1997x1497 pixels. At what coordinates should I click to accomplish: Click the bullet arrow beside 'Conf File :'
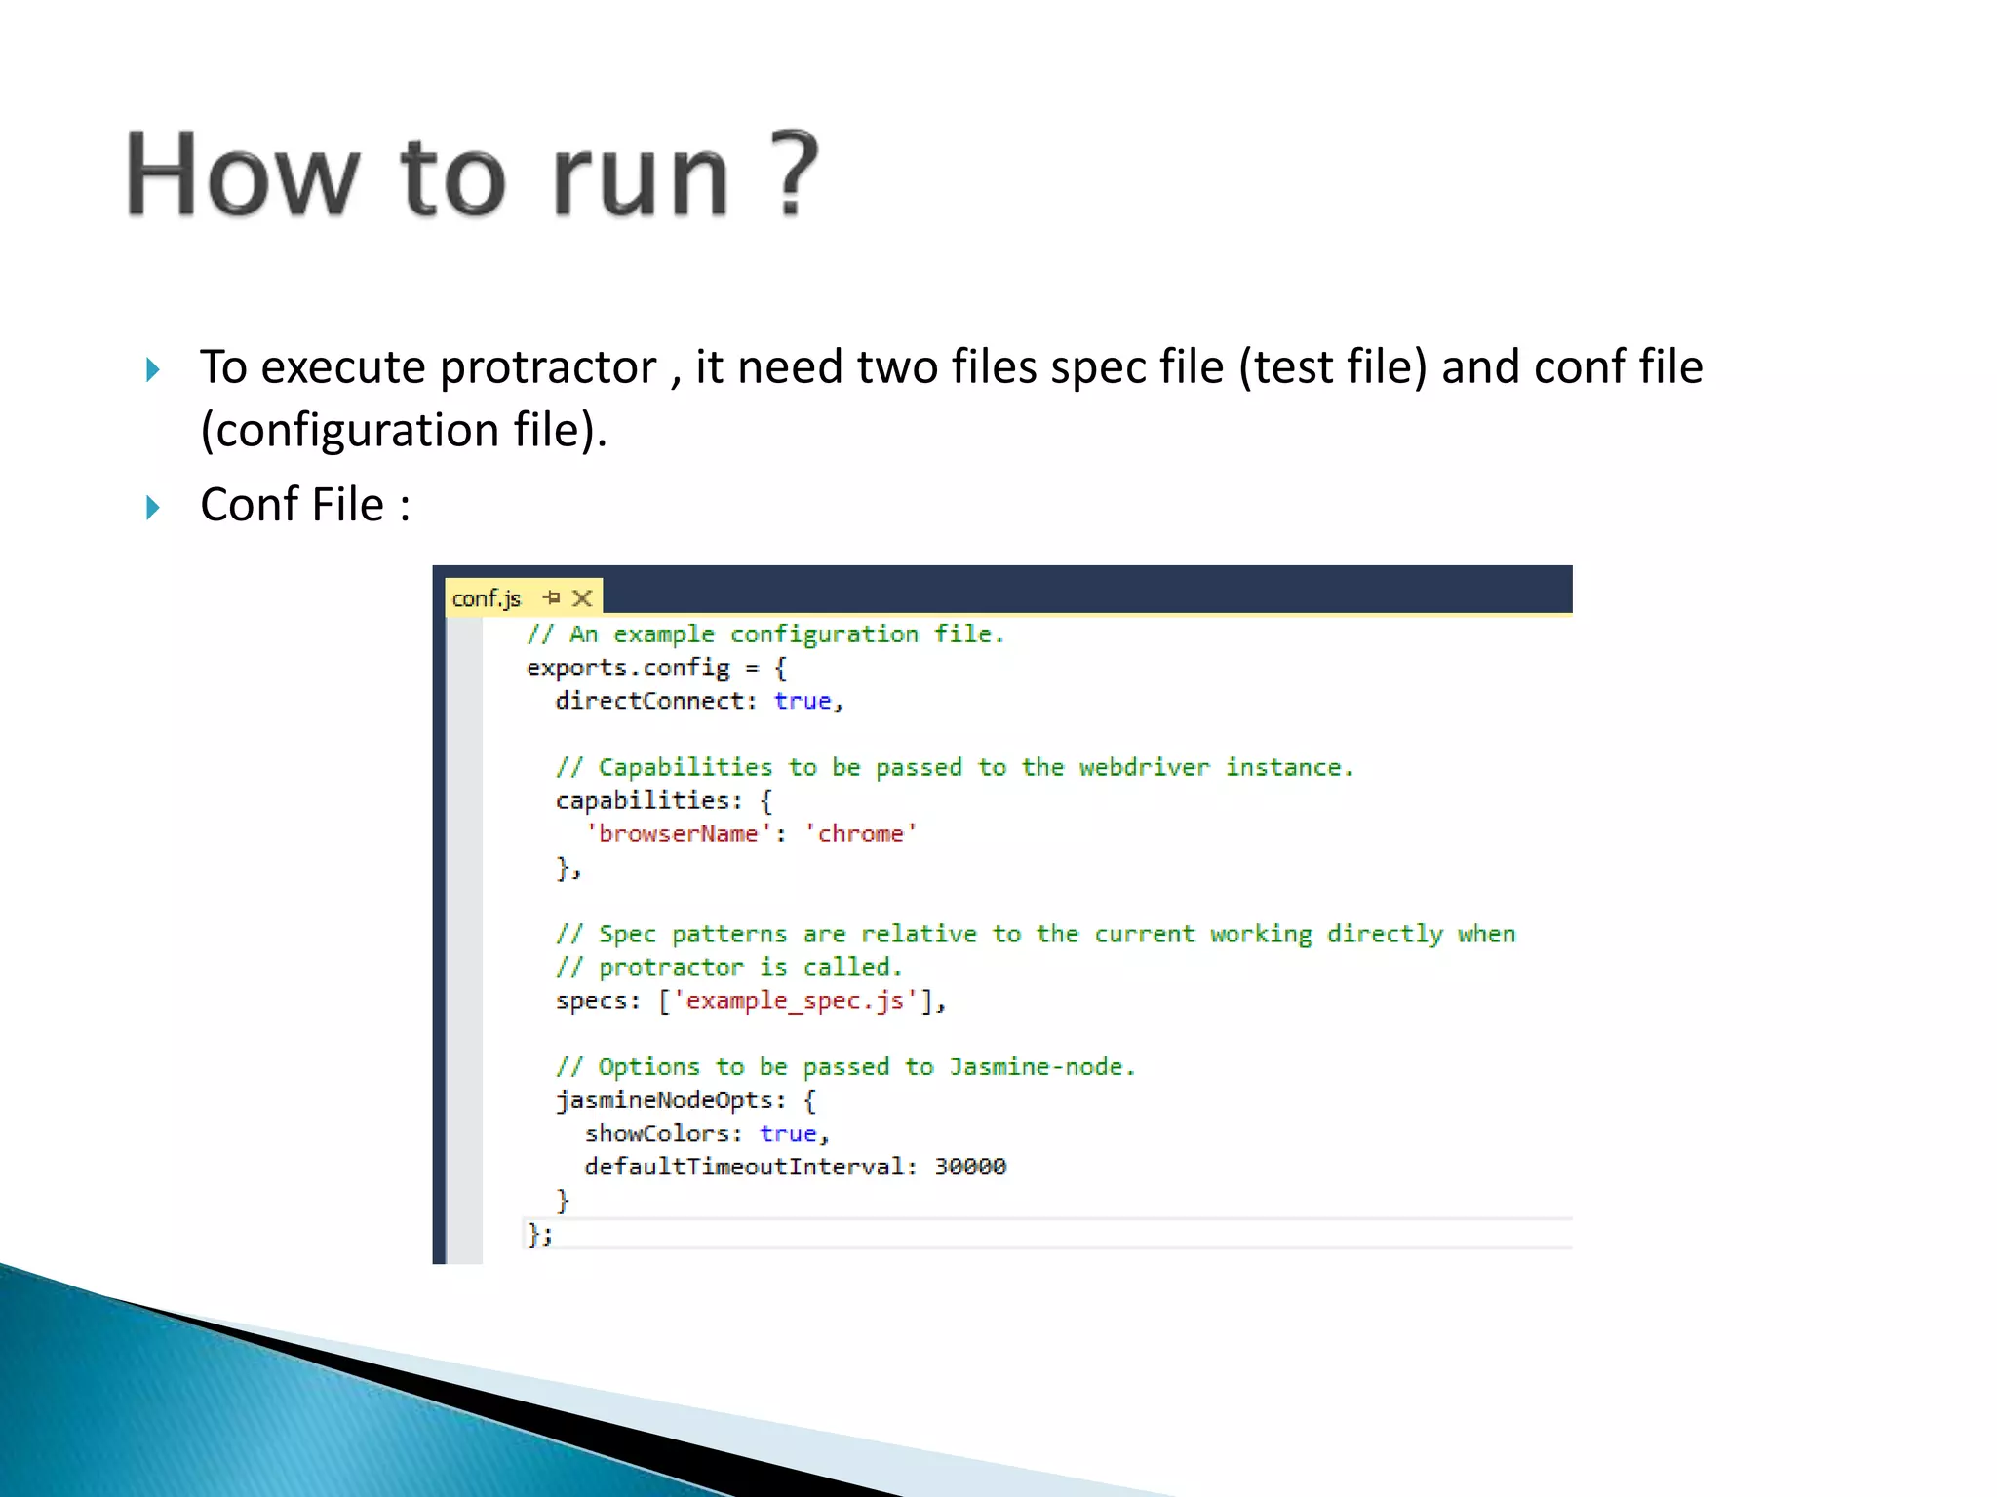153,507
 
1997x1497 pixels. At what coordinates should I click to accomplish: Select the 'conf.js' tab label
487,598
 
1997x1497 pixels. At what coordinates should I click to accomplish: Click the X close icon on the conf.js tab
582,598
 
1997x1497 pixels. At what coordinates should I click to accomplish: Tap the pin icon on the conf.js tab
552,597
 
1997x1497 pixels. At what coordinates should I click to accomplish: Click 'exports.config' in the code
627,668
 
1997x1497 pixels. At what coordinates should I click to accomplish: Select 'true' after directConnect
803,701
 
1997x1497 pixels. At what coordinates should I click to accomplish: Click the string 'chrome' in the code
860,834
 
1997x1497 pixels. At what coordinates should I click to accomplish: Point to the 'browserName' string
678,834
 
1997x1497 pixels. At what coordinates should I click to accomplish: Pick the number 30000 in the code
970,1167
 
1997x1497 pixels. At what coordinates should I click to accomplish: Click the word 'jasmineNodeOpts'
670,1100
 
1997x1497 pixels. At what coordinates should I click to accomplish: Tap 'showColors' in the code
657,1133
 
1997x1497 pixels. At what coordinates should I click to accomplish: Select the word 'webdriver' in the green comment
1144,768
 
